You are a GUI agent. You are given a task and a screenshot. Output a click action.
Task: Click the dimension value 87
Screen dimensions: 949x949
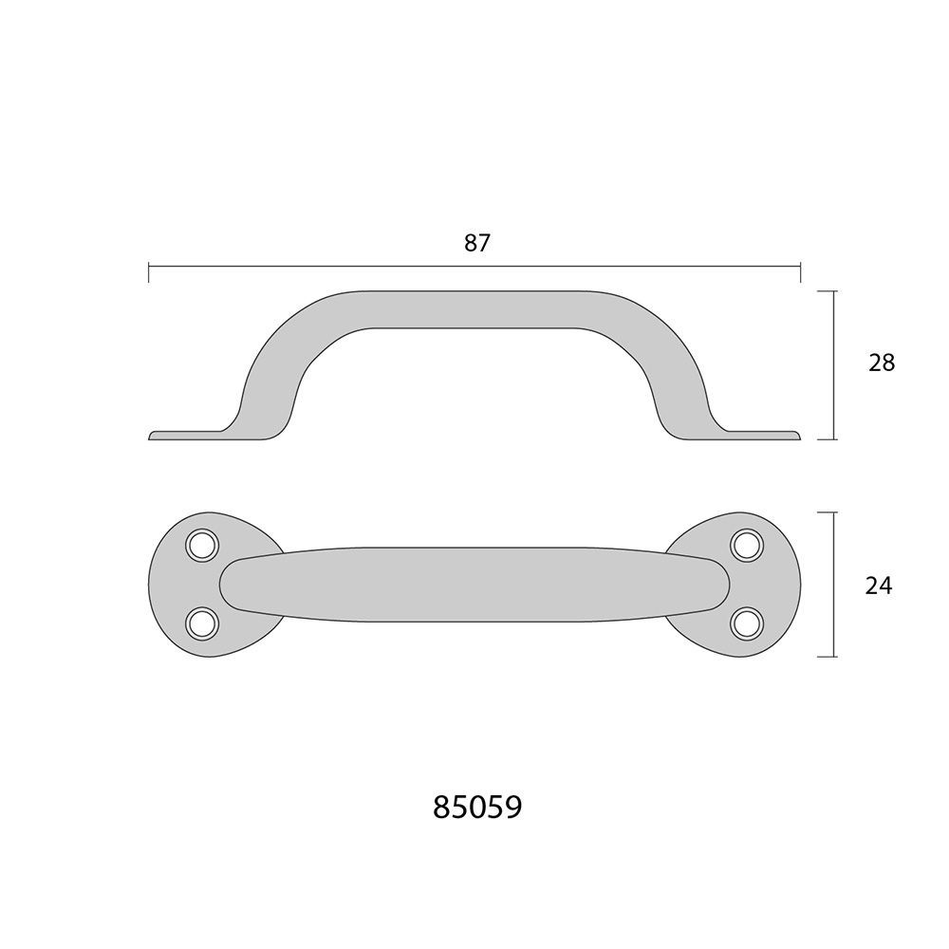[x=476, y=243]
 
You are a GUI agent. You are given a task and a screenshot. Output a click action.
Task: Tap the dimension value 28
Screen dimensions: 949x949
[x=882, y=363]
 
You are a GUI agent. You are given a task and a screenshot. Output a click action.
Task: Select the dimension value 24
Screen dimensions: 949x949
[x=879, y=586]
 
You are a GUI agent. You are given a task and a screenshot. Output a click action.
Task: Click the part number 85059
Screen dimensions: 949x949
[x=477, y=807]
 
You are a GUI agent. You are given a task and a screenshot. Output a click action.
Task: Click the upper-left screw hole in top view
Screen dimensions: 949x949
[x=202, y=546]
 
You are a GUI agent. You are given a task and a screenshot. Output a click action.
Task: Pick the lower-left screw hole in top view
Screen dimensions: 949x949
[x=202, y=623]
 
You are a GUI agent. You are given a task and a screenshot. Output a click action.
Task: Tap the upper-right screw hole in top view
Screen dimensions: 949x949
[x=747, y=546]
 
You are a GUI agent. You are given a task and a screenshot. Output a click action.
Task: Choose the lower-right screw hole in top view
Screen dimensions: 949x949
[x=747, y=623]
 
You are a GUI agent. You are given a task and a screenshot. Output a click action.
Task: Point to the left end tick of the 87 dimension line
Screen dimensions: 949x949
[x=149, y=272]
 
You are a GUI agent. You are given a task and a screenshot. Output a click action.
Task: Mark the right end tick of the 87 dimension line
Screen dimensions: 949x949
[x=801, y=272]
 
